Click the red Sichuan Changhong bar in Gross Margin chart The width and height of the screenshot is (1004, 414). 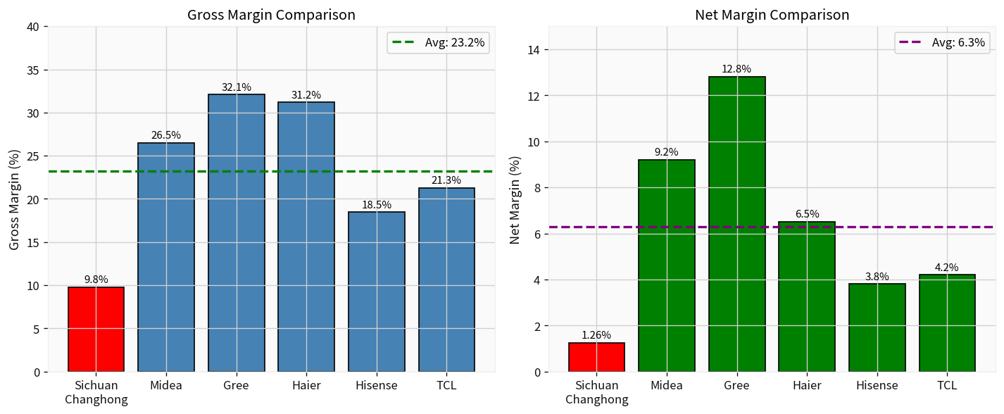click(96, 330)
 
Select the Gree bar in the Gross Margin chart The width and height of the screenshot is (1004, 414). click(237, 233)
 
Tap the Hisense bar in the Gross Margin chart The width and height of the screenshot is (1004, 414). click(377, 291)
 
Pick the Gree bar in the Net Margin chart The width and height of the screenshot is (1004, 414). click(737, 224)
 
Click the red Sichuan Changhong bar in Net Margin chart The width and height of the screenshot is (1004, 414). click(596, 357)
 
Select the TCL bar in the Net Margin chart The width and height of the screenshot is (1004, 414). click(947, 323)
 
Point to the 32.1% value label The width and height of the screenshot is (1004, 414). click(237, 87)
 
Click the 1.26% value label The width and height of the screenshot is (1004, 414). click(596, 335)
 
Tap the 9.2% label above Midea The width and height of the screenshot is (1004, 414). click(667, 152)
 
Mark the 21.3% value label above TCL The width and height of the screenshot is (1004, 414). click(446, 181)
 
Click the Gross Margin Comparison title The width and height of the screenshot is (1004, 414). click(271, 15)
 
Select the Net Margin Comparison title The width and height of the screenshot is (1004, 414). click(772, 15)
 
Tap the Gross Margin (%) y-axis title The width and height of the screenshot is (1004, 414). click(15, 199)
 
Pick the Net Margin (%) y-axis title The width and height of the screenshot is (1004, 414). click(515, 199)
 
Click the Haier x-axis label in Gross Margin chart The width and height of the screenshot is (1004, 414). click(306, 385)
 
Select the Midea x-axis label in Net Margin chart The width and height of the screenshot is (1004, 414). click(667, 385)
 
